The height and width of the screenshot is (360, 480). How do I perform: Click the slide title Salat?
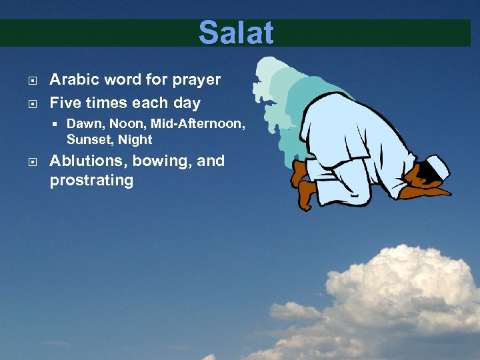[x=236, y=33]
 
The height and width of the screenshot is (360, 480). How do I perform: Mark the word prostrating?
[x=91, y=181]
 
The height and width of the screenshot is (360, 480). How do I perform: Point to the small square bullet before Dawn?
[x=58, y=124]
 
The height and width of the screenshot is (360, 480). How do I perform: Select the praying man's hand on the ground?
[x=434, y=192]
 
